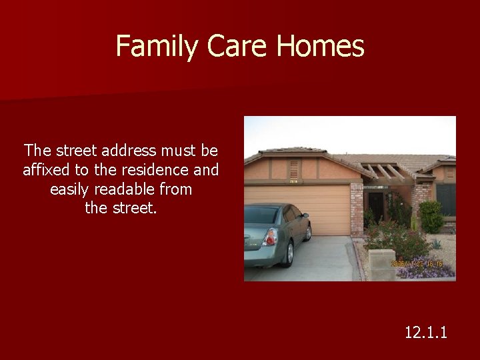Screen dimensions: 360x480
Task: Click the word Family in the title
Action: [157, 47]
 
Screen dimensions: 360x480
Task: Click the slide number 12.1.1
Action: [426, 331]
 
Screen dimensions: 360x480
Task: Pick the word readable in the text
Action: [123, 189]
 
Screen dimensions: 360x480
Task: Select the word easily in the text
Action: [73, 189]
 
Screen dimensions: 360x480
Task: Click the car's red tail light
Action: [270, 237]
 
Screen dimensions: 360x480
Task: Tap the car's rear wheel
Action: [289, 254]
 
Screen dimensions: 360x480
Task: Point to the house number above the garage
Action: [293, 180]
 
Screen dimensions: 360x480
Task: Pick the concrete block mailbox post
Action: [383, 265]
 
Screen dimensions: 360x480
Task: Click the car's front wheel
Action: [308, 232]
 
